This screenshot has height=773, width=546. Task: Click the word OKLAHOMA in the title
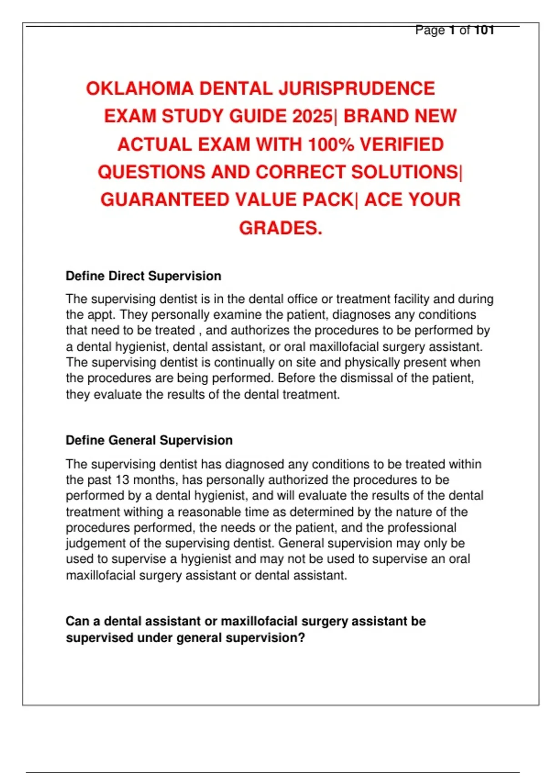[140, 89]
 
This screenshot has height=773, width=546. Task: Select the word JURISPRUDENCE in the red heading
[357, 89]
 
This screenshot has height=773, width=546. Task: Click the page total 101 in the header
[484, 30]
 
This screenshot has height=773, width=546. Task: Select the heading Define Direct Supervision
[143, 276]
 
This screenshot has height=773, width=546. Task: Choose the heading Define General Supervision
[149, 440]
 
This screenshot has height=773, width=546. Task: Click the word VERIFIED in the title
[402, 145]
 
